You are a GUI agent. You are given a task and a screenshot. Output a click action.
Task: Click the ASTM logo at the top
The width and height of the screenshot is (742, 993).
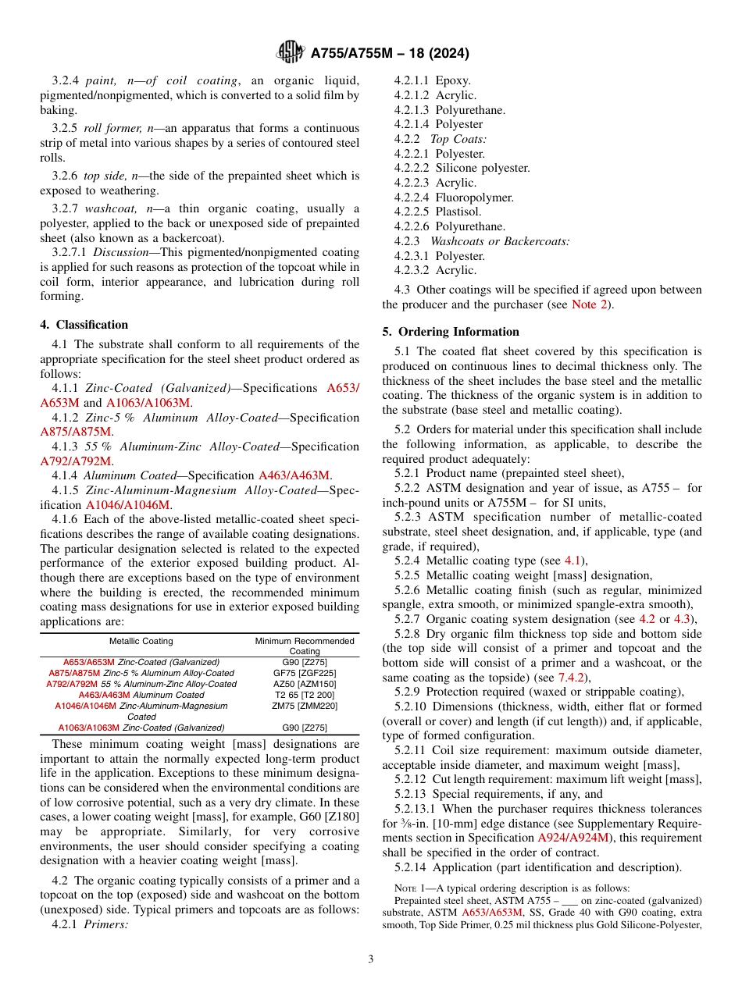tap(291, 53)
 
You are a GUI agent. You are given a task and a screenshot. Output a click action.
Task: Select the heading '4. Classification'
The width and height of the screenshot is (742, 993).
tap(84, 325)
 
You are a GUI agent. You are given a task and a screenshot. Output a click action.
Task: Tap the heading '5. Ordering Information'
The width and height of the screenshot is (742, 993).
tap(451, 332)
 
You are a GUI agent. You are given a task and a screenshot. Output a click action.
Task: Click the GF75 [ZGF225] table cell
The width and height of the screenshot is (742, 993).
tap(305, 673)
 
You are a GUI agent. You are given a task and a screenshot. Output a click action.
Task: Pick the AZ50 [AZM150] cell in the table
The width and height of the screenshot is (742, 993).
tap(305, 684)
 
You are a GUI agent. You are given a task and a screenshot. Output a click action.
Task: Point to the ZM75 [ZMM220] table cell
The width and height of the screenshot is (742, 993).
tap(305, 706)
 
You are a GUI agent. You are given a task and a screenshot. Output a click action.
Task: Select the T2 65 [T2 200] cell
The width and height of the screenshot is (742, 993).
tap(305, 695)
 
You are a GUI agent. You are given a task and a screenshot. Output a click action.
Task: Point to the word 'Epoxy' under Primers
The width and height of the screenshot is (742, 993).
tap(453, 80)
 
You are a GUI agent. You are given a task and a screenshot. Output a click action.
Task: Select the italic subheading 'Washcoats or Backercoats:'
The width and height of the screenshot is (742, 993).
tap(500, 241)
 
